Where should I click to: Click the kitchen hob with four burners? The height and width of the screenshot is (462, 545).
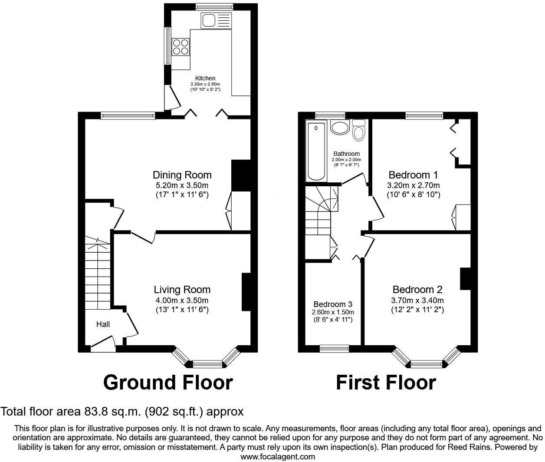point(181,47)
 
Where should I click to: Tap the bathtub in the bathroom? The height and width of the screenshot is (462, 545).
point(316,151)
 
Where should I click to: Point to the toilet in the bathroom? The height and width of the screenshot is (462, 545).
point(358,130)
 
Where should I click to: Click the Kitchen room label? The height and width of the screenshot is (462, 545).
point(205,78)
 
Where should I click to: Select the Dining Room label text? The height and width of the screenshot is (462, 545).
point(182,175)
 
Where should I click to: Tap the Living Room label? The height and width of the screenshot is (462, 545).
point(182,290)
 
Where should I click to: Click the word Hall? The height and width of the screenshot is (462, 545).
point(103,324)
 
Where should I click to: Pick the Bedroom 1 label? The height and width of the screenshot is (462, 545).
point(413,175)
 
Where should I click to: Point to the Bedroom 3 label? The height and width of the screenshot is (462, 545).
point(333,304)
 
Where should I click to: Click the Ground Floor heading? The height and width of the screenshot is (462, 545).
point(168,383)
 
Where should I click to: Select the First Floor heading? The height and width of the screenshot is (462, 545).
point(386,383)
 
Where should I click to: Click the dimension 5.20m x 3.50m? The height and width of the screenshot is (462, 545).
point(182,185)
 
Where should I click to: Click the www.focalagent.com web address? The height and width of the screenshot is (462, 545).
point(278,456)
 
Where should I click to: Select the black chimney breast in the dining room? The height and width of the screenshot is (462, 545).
point(241,175)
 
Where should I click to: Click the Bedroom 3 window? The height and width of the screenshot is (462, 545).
point(334,348)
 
